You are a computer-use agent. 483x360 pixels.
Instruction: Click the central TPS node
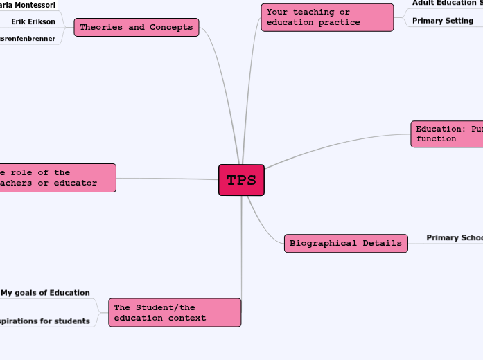241,181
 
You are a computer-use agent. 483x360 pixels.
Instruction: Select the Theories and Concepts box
137,28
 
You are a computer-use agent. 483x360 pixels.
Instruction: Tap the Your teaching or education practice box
327,17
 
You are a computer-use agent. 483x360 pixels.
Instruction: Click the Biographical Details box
346,243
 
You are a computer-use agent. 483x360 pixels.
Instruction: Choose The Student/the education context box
175,312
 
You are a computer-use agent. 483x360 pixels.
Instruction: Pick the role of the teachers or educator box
57,178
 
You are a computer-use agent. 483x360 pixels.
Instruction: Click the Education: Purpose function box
448,134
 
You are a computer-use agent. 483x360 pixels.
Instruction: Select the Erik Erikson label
33,21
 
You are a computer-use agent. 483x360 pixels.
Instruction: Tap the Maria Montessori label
28,5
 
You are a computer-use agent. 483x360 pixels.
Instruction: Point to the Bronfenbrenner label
28,39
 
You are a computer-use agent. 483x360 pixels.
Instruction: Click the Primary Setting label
442,21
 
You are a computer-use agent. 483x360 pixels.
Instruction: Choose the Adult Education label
446,3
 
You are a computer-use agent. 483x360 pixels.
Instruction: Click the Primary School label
454,238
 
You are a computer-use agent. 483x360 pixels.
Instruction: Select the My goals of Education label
45,293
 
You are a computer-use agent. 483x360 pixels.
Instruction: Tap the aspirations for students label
45,321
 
